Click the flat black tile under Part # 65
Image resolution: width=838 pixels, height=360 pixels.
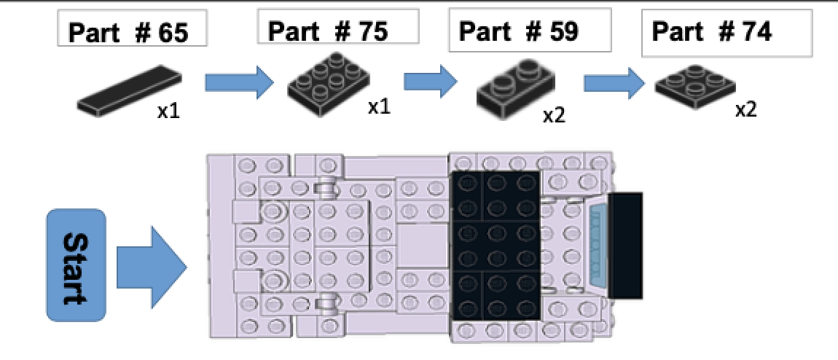click(x=129, y=90)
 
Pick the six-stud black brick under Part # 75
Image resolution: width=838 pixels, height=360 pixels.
click(x=326, y=82)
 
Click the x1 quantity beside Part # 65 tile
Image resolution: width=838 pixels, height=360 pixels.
click(x=169, y=112)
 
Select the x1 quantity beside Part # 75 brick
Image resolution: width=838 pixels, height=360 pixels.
click(x=379, y=106)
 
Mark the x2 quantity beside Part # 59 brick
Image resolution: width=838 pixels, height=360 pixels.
click(x=554, y=114)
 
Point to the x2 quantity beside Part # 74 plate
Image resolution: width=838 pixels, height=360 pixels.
click(x=746, y=110)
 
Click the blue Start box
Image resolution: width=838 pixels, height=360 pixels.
click(x=76, y=265)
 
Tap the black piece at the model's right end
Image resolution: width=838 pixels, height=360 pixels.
click(x=625, y=246)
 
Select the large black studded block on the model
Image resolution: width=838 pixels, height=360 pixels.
click(x=496, y=246)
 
